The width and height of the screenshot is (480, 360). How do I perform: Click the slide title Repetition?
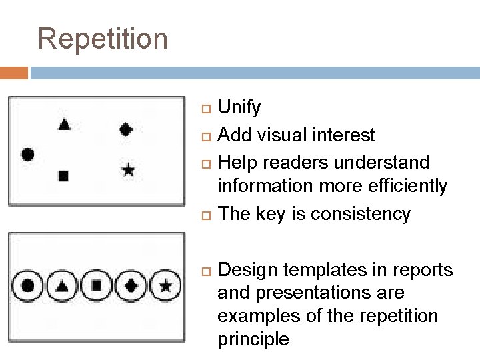pos(103,39)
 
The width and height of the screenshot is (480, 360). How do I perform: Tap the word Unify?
pos(239,108)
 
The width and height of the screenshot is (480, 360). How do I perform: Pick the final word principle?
pos(253,339)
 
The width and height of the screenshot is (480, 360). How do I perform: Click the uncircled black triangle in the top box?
pos(64,124)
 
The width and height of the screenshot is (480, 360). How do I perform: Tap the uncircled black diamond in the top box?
pos(125,129)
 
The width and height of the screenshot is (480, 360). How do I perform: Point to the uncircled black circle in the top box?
pos(28,154)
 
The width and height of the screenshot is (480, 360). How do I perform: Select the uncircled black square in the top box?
pos(63,176)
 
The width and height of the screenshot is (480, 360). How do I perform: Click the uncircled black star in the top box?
pos(128,171)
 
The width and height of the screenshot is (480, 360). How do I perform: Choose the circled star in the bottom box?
pos(166,286)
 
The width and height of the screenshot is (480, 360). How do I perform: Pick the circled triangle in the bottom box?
pos(62,286)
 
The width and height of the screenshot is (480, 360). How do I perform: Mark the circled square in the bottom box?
pos(97,286)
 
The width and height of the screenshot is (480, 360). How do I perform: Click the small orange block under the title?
pos(14,73)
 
